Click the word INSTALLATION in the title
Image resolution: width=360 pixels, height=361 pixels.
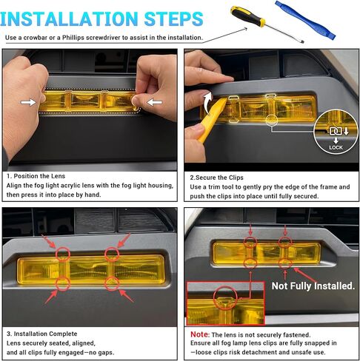[69, 19]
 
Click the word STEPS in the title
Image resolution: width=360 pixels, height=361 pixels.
[173, 19]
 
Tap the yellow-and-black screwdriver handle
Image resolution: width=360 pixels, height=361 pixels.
[247, 16]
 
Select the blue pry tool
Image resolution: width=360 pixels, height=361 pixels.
[305, 19]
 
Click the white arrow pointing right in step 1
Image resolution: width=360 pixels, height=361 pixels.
[28, 102]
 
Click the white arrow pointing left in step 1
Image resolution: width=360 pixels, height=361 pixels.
[155, 102]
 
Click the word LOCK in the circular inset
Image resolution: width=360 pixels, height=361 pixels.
[336, 147]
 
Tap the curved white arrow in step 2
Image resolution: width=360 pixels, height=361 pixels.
[207, 103]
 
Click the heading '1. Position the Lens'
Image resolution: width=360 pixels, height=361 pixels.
[36, 176]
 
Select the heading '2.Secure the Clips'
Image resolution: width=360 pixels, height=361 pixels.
[216, 178]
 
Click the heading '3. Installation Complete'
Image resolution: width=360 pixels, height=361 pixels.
[41, 334]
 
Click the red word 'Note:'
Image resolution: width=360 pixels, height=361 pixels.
[200, 334]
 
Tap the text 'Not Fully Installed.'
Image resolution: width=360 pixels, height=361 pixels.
[313, 286]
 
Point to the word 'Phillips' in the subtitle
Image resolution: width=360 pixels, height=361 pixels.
[73, 38]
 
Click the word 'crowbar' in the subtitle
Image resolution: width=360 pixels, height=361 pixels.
[36, 38]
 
